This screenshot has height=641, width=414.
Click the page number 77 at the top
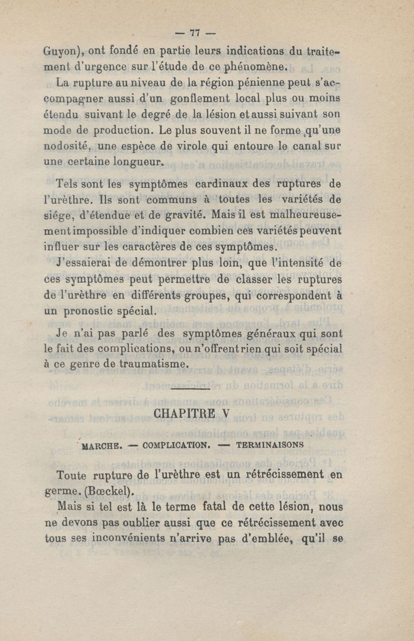(x=195, y=33)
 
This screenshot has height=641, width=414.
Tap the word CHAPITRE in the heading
(x=179, y=414)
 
